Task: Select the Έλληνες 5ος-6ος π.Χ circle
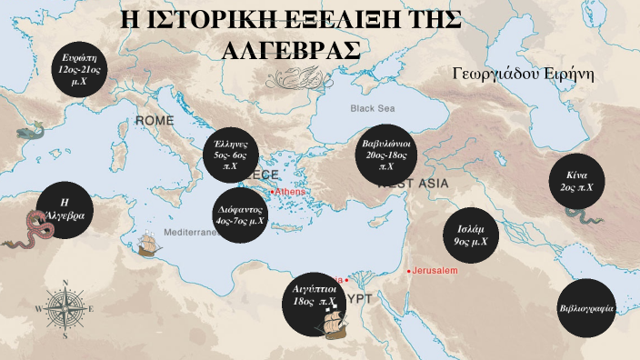click(x=232, y=155)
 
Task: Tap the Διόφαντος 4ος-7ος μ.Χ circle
click(x=241, y=215)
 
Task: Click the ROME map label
click(x=155, y=120)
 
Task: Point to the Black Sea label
click(x=374, y=108)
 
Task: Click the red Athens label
click(x=289, y=192)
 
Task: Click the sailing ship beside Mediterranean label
click(x=146, y=245)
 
